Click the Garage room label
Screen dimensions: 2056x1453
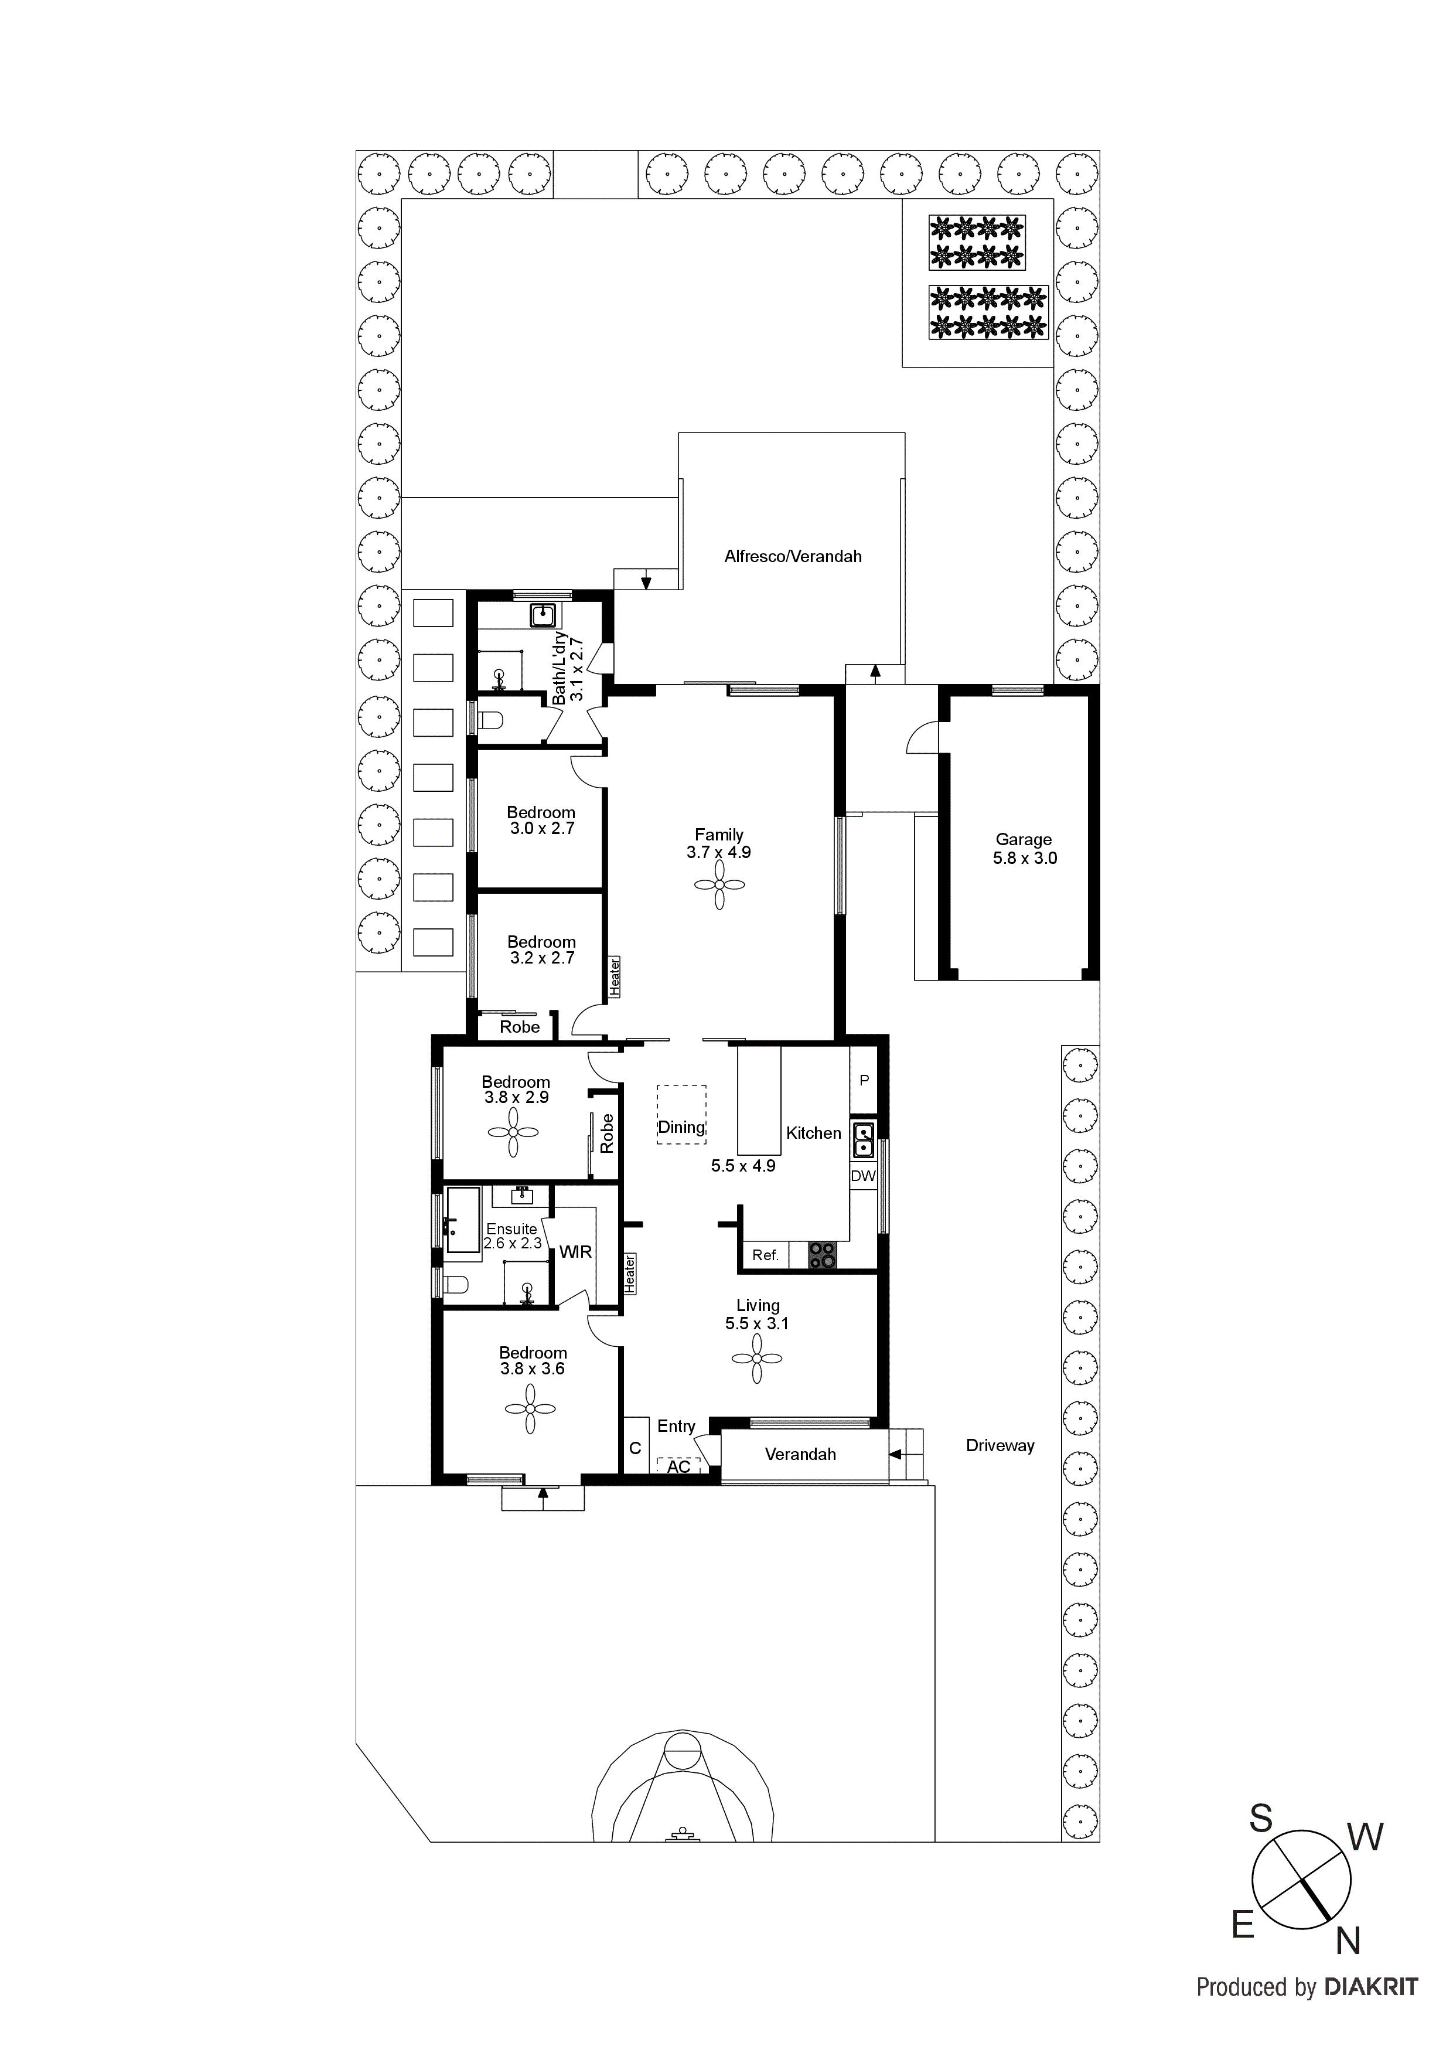coord(1024,840)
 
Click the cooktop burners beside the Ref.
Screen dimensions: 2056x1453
coord(822,1255)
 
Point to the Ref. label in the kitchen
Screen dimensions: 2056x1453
coord(765,1255)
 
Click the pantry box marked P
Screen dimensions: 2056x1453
coord(864,1081)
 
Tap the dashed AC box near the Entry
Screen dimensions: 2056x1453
coord(678,1467)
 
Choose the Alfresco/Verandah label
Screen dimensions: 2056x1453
coord(792,556)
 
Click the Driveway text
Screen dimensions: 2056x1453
coord(1000,1445)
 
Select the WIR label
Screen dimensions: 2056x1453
coord(576,1252)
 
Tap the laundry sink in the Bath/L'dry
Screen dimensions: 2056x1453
coord(543,615)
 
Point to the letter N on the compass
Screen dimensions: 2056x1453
coord(1348,1941)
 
